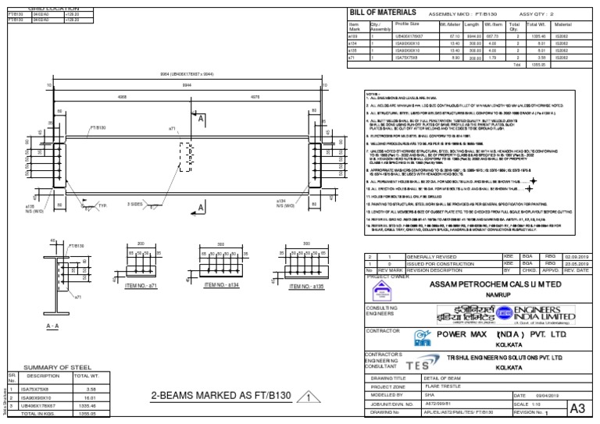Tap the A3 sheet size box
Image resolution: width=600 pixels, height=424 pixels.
(x=578, y=408)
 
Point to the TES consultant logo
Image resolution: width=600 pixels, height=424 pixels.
(x=418, y=365)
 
